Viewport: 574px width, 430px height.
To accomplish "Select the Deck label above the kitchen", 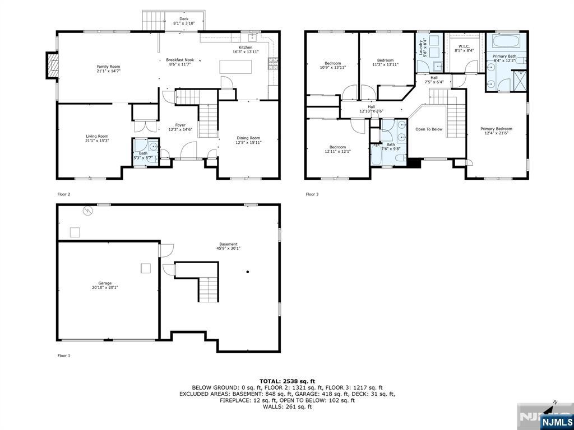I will (x=184, y=21).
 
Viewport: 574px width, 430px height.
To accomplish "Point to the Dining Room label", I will (x=247, y=140).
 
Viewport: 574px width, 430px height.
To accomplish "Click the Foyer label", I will (x=180, y=127).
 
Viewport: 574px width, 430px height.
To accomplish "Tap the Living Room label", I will (x=96, y=138).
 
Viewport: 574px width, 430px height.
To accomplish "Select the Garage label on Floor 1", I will (x=105, y=284).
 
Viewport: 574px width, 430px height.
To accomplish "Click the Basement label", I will (x=228, y=246).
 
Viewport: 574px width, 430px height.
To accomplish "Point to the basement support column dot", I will (x=247, y=272).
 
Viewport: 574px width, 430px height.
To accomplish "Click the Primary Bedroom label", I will (x=496, y=131).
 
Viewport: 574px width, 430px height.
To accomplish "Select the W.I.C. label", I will (x=464, y=48).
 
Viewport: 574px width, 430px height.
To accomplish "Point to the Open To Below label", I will (x=429, y=129).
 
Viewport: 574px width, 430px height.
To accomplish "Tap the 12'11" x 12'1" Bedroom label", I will (x=337, y=149).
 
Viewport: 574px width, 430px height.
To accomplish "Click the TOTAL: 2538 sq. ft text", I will (x=287, y=381).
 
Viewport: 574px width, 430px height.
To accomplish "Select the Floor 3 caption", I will (x=312, y=194).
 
